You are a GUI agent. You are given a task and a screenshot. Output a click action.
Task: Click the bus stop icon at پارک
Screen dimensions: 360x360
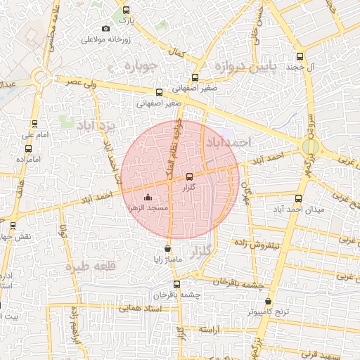[127, 11]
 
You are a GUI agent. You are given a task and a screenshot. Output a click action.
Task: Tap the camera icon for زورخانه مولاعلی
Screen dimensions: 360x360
[105, 28]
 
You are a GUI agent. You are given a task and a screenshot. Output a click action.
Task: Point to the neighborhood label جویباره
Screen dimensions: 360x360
[143, 66]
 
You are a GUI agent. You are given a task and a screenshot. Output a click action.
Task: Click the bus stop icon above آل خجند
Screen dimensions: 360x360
[300, 57]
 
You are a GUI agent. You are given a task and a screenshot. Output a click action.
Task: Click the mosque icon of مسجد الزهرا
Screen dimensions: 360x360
[148, 198]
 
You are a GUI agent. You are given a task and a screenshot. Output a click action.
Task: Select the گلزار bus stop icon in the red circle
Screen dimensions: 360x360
[189, 176]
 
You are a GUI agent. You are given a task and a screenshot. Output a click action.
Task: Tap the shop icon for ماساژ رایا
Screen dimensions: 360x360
[167, 248]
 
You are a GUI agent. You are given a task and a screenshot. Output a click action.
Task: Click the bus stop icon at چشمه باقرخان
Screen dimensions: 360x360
[176, 284]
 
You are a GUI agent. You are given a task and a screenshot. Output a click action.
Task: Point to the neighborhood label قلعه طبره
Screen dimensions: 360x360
[89, 266]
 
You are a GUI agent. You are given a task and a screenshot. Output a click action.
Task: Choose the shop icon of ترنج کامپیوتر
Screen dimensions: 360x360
[268, 301]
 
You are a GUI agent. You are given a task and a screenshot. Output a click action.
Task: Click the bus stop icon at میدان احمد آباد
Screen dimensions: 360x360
[299, 198]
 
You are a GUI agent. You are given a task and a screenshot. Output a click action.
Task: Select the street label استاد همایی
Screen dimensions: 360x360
[141, 308]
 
